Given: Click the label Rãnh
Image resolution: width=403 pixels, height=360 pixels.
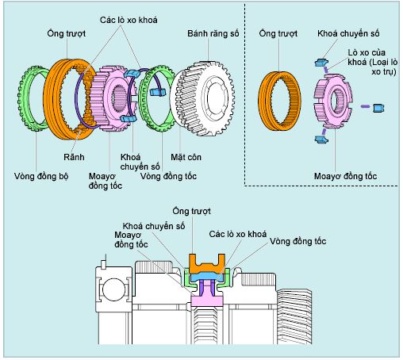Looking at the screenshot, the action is point(74,157).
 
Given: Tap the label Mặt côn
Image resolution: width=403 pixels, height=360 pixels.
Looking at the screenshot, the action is point(186,157).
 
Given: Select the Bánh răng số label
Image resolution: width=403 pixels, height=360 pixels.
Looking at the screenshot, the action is point(213,33).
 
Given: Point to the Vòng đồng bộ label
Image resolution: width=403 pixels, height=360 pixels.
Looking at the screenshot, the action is point(41,176).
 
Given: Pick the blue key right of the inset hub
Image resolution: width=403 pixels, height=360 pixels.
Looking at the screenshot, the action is point(378,108).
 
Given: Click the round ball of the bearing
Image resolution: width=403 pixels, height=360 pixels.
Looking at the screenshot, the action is point(113,289).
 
